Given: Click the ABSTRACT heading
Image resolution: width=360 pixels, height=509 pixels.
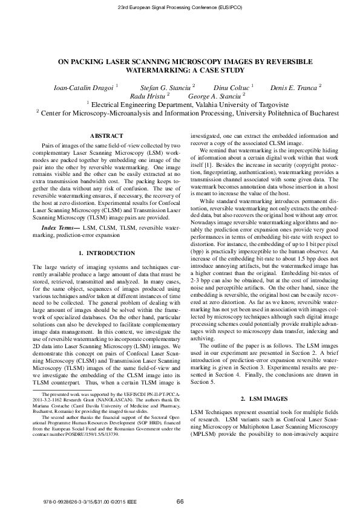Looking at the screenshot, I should click(106, 136).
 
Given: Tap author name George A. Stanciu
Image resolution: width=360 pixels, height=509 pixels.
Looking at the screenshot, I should click(215, 96).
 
